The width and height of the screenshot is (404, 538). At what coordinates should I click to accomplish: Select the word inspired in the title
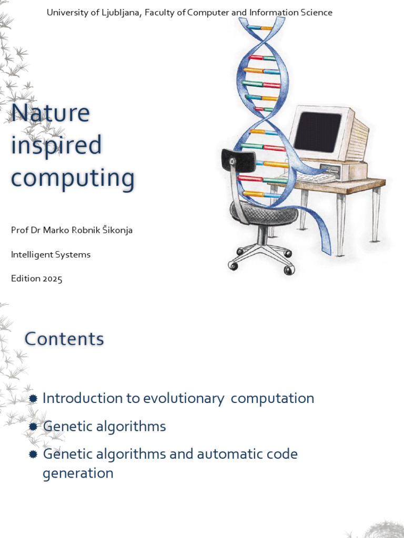[x=56, y=145]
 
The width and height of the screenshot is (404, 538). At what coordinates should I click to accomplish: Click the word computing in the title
[x=73, y=178]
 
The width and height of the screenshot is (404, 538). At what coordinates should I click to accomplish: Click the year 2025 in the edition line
[x=53, y=278]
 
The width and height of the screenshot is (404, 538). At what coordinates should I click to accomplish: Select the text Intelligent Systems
[x=50, y=254]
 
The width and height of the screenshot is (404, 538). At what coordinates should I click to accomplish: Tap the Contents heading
[x=64, y=339]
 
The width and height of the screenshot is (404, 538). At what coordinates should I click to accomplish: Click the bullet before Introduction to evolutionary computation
[x=34, y=399]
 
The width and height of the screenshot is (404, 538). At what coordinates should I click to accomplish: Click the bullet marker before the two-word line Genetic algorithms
[x=34, y=427]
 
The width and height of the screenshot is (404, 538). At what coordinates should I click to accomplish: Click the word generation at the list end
[x=78, y=473]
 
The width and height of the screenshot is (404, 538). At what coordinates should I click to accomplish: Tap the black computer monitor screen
[x=317, y=131]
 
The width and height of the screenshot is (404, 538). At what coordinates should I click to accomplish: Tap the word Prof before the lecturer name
[x=18, y=230]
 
